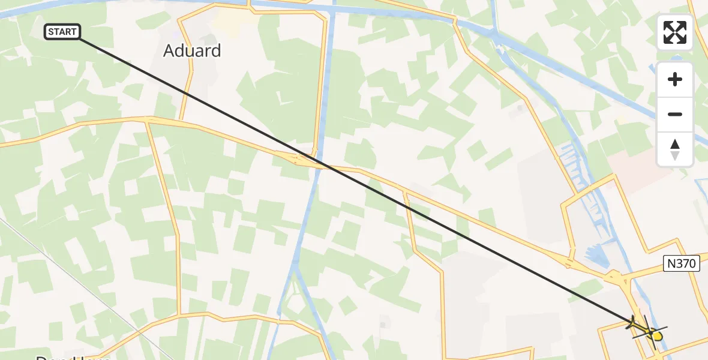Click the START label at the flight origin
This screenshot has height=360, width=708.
[62, 32]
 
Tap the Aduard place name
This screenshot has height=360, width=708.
[192, 51]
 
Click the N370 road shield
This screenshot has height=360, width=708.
[682, 263]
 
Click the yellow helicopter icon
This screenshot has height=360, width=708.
[650, 331]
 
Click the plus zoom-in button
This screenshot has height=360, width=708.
[675, 79]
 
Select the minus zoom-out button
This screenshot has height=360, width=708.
[675, 114]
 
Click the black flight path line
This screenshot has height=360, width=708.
[420, 211]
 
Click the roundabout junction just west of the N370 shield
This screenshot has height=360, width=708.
[616, 278]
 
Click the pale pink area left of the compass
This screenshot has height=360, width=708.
[630, 162]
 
